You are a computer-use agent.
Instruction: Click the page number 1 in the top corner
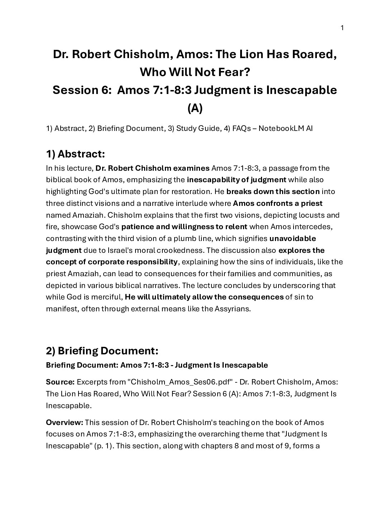click(x=342, y=28)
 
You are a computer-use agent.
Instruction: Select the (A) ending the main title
click(x=195, y=108)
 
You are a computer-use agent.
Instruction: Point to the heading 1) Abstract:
click(x=75, y=154)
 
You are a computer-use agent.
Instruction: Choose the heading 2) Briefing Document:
click(x=102, y=350)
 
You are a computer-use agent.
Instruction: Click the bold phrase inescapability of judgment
click(x=237, y=180)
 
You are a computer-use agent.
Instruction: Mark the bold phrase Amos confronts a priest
click(x=278, y=203)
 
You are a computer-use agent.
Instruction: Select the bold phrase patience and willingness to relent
click(x=184, y=227)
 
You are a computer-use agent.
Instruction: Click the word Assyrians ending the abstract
click(x=232, y=309)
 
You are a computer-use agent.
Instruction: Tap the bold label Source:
click(x=60, y=382)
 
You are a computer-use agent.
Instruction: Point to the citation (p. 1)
click(x=148, y=446)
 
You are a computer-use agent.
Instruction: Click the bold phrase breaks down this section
click(x=273, y=192)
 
